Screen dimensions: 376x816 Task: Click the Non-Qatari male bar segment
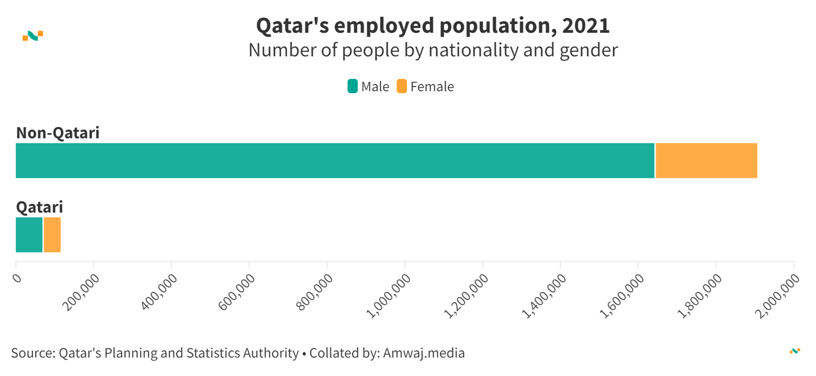[335, 161]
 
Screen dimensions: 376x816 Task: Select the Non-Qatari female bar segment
[706, 161]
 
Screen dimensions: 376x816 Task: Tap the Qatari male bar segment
[29, 235]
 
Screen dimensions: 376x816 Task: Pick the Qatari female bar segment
[52, 235]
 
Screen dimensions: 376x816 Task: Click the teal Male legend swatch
[353, 87]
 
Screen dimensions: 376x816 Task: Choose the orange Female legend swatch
[402, 87]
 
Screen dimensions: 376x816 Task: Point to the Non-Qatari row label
[58, 133]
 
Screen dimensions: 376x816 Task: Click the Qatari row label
[39, 207]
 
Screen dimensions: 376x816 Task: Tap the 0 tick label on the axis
[17, 278]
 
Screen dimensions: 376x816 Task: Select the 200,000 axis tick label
[81, 293]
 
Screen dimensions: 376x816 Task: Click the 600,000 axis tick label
[237, 293]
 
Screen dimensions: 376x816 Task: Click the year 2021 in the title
[586, 26]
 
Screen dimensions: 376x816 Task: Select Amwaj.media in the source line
[424, 353]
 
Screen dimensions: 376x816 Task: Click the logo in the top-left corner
[33, 36]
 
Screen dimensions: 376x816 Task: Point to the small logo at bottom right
[795, 351]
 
